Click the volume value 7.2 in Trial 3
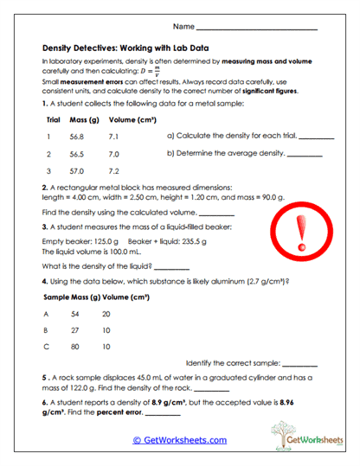tap(113, 170)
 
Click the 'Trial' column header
tap(53, 119)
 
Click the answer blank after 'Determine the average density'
tap(303, 155)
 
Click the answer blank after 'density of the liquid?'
tap(170, 266)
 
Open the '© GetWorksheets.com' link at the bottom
tap(179, 440)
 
